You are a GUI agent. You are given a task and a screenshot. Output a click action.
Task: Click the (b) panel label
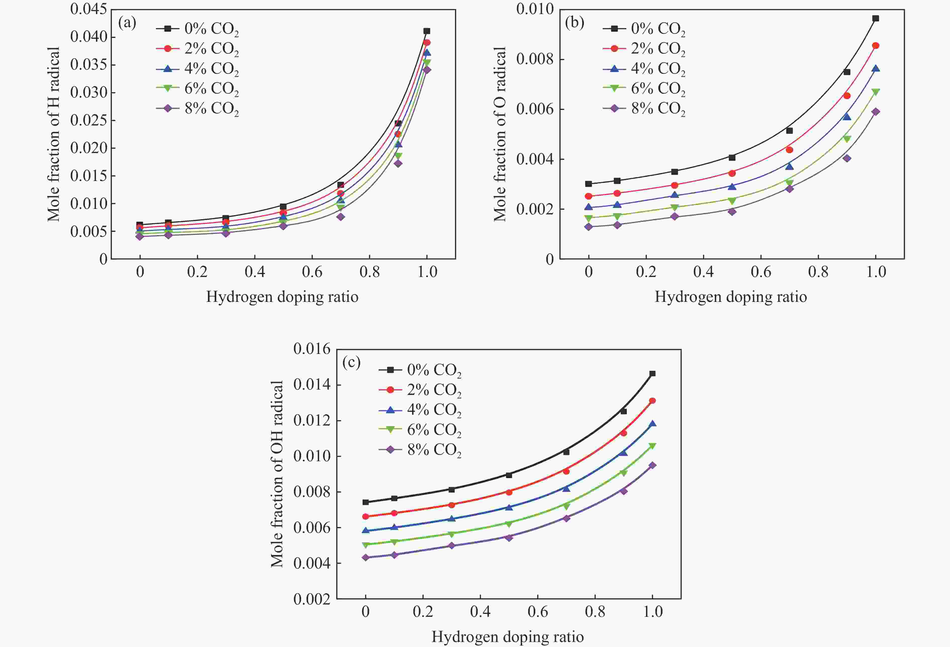pos(574,23)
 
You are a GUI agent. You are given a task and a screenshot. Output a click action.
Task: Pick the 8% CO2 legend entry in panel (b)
pos(644,109)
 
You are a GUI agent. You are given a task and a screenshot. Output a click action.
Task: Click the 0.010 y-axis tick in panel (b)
pos(535,9)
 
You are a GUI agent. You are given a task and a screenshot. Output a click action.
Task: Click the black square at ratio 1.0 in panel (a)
pos(427,31)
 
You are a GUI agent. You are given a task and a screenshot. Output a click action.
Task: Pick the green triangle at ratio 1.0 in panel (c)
pos(652,446)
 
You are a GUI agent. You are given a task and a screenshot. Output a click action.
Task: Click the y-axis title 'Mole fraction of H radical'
pos(54,134)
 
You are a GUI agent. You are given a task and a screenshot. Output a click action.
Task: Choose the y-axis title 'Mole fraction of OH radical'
pos(277,474)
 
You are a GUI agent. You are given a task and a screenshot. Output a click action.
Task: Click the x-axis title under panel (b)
pos(731,297)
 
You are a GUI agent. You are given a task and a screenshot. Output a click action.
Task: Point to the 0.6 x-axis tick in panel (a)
pos(312,272)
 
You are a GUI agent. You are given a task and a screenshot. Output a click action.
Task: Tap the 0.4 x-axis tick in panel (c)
pos(480,612)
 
